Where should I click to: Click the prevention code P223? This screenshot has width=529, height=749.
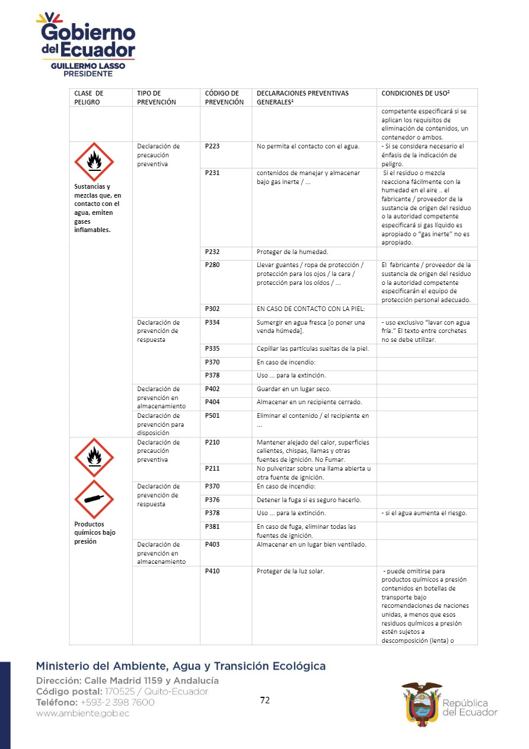(x=212, y=146)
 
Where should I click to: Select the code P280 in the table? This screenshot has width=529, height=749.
(x=212, y=265)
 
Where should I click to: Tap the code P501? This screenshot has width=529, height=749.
(x=212, y=415)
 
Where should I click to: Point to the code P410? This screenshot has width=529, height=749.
(x=212, y=571)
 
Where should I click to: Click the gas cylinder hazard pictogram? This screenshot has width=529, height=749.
(x=94, y=499)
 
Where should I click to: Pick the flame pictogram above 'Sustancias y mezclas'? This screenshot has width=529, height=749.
(x=94, y=161)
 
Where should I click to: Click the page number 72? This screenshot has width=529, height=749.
(x=264, y=700)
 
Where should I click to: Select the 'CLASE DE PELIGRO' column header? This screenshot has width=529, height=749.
(x=88, y=97)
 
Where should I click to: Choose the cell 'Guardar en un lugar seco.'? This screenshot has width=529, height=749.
(x=294, y=389)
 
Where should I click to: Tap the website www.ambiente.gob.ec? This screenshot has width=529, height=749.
(x=82, y=713)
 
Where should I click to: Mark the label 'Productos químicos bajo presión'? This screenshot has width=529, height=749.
(x=95, y=532)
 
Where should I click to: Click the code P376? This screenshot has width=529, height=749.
(x=212, y=500)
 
